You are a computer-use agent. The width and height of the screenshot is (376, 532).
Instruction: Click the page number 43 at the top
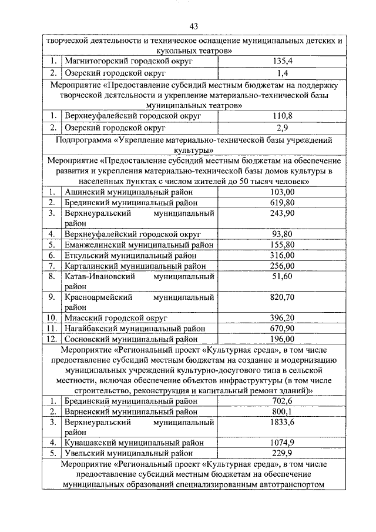(194, 26)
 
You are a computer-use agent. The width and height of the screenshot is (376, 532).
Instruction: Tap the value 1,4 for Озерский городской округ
(281, 73)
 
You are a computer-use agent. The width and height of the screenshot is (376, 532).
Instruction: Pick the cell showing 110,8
(281, 116)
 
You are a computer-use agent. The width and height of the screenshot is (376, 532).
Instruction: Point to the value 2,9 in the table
(281, 128)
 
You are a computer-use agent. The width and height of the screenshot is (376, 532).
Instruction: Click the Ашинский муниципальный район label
(127, 192)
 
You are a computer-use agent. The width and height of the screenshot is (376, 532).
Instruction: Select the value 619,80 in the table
(281, 202)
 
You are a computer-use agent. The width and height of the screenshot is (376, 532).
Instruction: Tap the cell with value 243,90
(281, 213)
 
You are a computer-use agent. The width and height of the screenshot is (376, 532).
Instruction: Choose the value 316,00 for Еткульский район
(281, 255)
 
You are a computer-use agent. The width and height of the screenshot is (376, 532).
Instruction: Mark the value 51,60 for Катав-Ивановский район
(281, 276)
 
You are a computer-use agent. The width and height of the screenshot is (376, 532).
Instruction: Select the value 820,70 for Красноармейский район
(281, 297)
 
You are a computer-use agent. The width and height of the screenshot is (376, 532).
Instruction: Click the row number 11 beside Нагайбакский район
(52, 329)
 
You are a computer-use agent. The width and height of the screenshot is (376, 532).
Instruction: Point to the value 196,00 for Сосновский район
(281, 339)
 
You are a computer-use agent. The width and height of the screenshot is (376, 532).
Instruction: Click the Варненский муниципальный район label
(130, 411)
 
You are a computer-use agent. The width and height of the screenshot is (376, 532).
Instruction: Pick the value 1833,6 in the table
(281, 422)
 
